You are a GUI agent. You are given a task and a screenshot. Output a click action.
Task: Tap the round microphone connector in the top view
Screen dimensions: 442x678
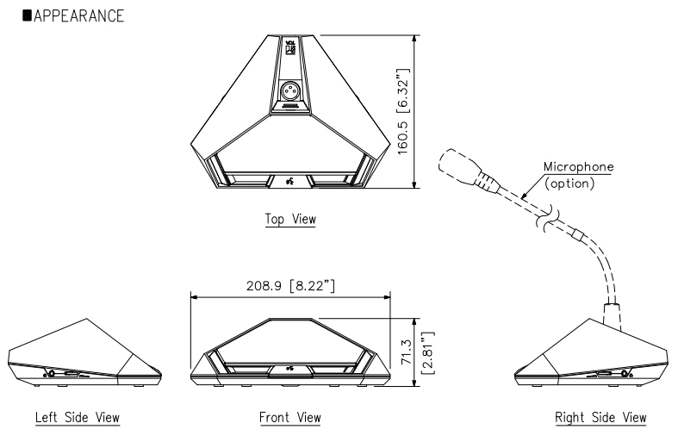[x=289, y=90]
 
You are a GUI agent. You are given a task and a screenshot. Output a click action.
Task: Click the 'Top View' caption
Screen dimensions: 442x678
[x=289, y=220]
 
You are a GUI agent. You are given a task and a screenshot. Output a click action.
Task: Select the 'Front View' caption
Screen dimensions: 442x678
[x=289, y=418]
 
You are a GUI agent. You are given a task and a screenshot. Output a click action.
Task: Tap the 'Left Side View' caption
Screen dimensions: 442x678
[x=77, y=418]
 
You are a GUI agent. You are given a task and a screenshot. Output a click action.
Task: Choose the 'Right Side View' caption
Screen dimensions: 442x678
[x=600, y=418]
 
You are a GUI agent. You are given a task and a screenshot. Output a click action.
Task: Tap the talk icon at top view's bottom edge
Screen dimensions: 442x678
[x=289, y=182]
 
